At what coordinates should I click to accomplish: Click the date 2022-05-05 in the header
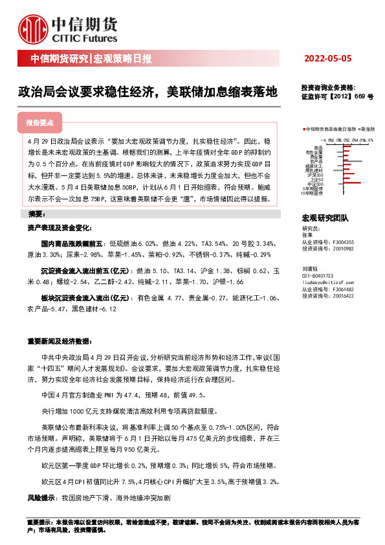(327, 59)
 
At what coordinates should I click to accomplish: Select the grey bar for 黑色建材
(338, 170)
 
